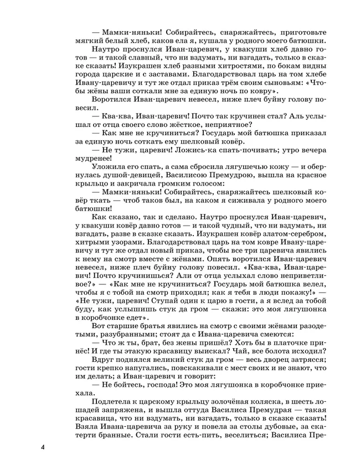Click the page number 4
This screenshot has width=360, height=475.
42,446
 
